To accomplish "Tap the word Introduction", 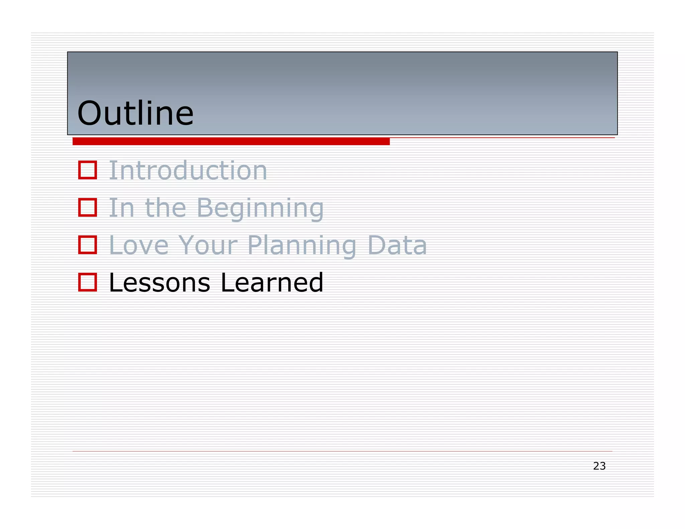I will coord(188,170).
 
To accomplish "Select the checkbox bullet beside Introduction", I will coord(88,170).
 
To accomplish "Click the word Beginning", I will coord(260,208).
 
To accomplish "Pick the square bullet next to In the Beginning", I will coord(88,207).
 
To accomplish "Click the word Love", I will coord(139,245).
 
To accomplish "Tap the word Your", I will coord(208,245).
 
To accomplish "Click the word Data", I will coord(397,245).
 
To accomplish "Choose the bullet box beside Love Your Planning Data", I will coord(88,245).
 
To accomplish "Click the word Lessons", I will coord(160,283).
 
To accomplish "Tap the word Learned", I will coord(272,283).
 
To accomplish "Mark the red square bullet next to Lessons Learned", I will coord(88,282).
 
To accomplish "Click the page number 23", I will coord(599,466).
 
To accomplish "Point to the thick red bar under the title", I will coord(231,141).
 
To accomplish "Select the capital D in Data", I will coord(377,245).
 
